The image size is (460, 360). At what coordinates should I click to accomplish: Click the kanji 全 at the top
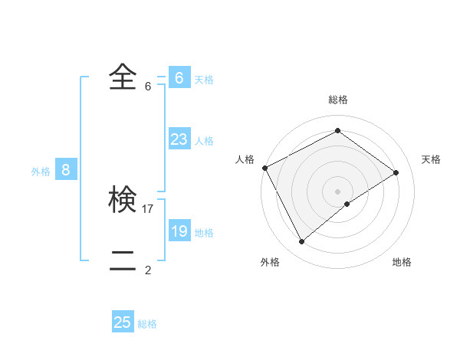coord(123,77)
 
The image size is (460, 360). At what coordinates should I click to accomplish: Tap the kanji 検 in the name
coord(123,200)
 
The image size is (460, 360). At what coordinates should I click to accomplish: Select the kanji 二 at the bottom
coord(123,260)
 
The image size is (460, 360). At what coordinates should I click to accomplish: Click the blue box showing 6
coord(179,78)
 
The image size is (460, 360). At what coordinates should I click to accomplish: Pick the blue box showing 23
coord(179,139)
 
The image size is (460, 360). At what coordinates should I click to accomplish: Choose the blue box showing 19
coord(179,231)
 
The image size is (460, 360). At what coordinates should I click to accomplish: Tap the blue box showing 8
coord(66,171)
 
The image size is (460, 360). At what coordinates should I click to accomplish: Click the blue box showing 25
coord(123,322)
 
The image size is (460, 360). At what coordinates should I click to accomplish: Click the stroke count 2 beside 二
coord(148,270)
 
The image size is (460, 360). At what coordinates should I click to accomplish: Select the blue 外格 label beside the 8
coord(41,172)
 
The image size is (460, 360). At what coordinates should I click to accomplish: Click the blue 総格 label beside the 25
coord(147,324)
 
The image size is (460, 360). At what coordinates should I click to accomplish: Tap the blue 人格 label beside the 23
coord(204,141)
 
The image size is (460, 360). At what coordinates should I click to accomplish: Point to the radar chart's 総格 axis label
coord(338,100)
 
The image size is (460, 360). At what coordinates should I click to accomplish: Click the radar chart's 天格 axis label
coord(431,159)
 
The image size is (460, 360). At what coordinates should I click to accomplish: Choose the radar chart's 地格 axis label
coord(402,262)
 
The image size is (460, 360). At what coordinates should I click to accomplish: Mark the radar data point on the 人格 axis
coord(264,168)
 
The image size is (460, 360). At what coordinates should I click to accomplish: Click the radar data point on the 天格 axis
coord(396,172)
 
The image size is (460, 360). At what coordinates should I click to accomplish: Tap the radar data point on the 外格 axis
coord(301,242)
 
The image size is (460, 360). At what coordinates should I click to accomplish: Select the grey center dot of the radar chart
coord(338,191)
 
